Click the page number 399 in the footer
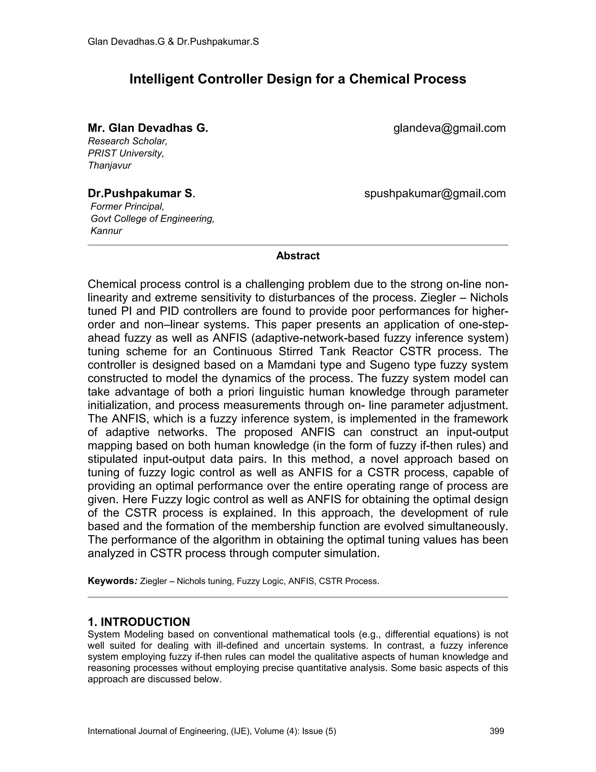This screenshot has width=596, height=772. pyautogui.click(x=497, y=731)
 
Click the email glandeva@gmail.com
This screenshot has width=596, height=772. pyautogui.click(x=449, y=128)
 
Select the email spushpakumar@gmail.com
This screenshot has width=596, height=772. pyautogui.click(x=435, y=193)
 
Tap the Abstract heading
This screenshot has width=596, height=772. pyautogui.click(x=298, y=256)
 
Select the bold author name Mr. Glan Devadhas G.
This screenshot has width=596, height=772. pyautogui.click(x=148, y=128)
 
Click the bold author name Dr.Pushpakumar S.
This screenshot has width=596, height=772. pyautogui.click(x=141, y=193)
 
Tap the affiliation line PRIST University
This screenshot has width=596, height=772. pyautogui.click(x=126, y=154)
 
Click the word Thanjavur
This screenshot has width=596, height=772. pyautogui.click(x=109, y=165)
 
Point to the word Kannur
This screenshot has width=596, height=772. pyautogui.click(x=106, y=231)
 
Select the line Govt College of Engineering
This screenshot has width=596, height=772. pyautogui.click(x=152, y=219)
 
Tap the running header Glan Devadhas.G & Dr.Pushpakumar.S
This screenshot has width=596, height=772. pyautogui.click(x=173, y=42)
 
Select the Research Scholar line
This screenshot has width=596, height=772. pyautogui.click(x=127, y=141)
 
